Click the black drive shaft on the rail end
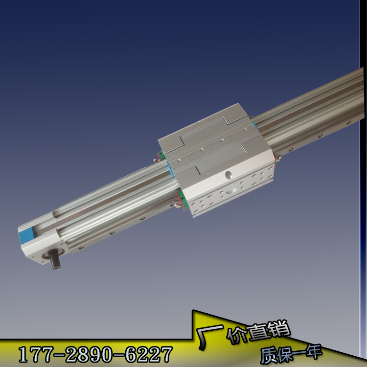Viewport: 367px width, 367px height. [x=54, y=259]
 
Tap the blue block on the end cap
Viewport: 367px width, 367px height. [x=26, y=235]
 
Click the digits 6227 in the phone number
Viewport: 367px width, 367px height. [x=149, y=355]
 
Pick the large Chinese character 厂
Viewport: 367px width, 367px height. [x=209, y=336]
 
